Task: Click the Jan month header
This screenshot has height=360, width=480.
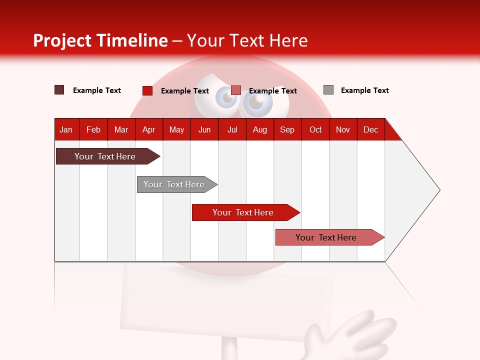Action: point(66,129)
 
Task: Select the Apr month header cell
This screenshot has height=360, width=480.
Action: point(148,129)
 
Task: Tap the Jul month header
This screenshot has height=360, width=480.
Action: point(232,129)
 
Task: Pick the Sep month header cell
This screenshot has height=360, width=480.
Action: point(287,129)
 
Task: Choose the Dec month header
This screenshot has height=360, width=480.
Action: point(370,129)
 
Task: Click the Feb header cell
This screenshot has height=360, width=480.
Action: point(93,129)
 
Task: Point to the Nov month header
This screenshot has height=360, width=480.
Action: point(343,129)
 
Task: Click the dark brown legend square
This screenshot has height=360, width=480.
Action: point(59,90)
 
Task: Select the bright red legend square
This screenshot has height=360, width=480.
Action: point(147,90)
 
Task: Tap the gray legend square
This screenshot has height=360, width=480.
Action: point(328,90)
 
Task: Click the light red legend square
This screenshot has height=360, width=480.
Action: point(236,90)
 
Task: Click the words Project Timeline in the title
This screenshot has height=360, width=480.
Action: point(100,40)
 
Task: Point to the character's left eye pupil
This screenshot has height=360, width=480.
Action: point(227,98)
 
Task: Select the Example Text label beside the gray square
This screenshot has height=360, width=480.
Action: point(364,90)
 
